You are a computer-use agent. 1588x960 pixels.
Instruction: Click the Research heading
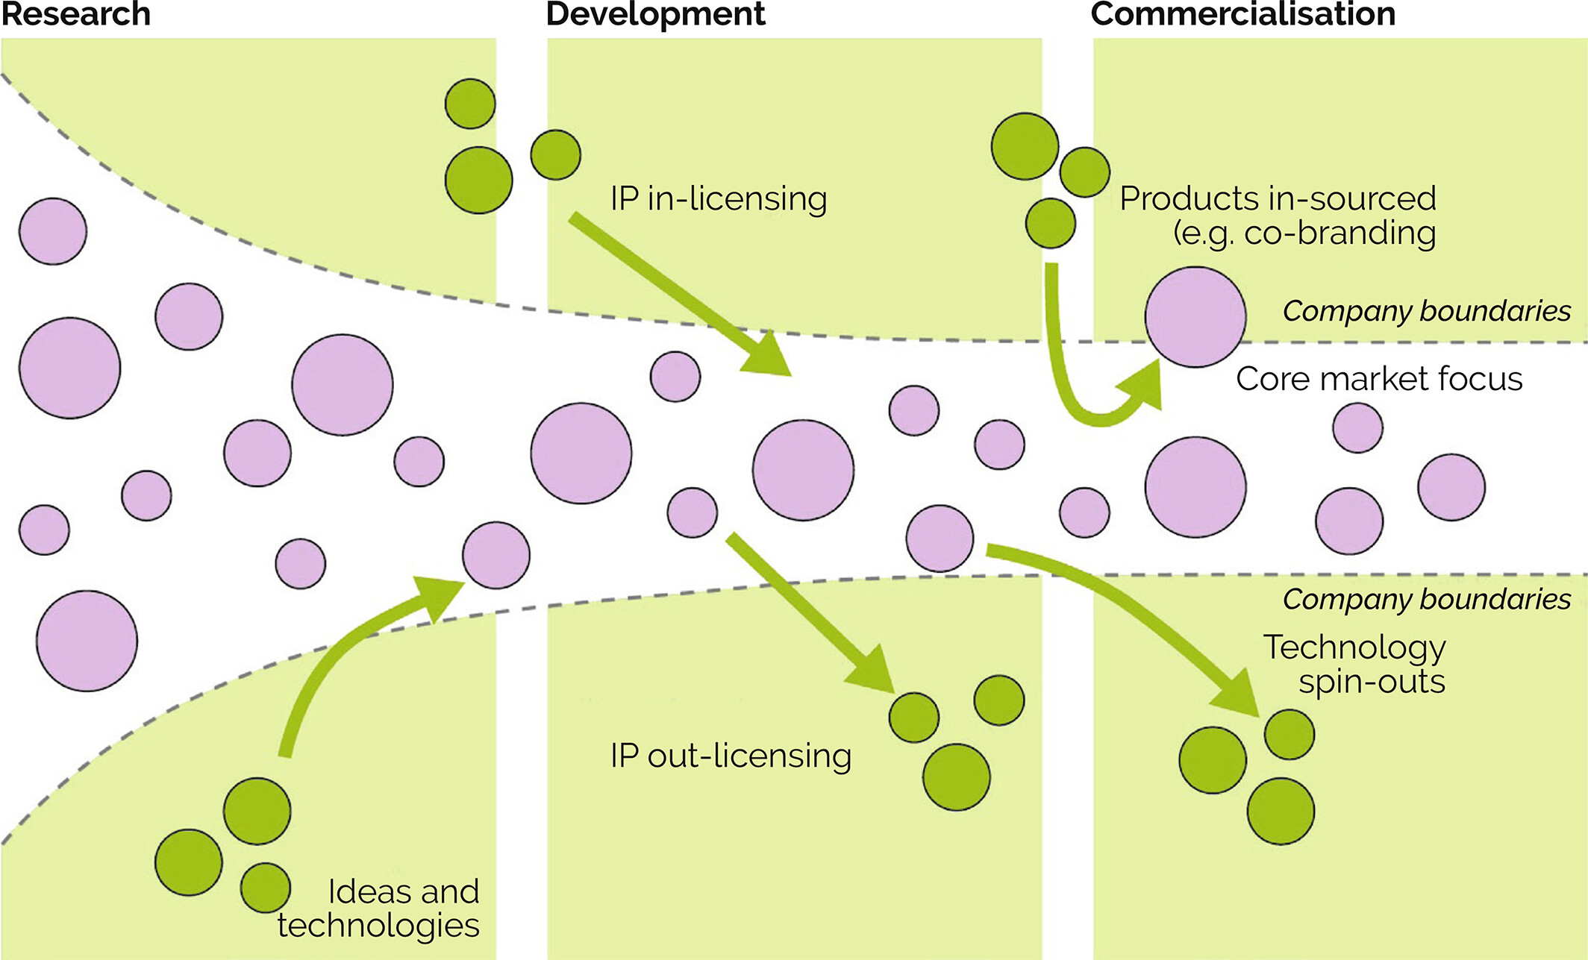75,14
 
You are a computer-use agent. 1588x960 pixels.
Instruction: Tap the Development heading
655,14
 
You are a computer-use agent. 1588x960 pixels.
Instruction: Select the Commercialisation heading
1242,14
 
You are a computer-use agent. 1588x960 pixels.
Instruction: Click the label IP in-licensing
718,199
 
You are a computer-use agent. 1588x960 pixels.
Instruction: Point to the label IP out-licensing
730,756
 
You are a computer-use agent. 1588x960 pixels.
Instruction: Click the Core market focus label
1378,379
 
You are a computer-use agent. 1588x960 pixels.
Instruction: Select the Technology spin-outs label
1354,664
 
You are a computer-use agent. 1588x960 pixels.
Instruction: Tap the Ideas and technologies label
379,909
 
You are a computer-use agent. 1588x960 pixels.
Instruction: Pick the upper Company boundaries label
1426,311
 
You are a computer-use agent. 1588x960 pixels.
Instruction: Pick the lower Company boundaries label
1426,599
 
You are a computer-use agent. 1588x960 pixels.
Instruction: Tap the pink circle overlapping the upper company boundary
1195,317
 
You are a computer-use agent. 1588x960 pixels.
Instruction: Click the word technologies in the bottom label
378,926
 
